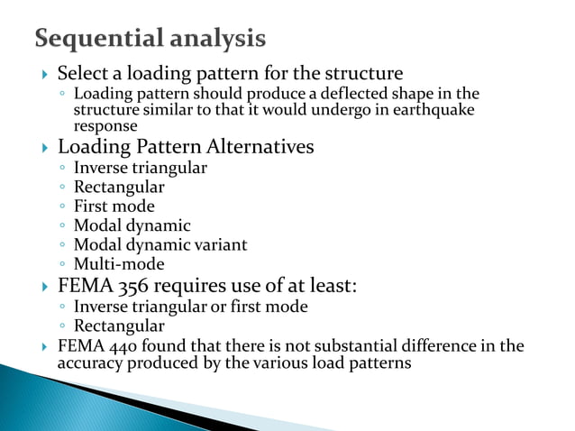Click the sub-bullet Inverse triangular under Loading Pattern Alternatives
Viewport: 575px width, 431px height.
140,168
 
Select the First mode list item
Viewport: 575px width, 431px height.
114,206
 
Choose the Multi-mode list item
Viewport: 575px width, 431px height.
118,263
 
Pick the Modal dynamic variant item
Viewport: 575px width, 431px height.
160,244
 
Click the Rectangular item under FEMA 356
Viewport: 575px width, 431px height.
119,326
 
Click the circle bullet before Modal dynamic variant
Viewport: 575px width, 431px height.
60,245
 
